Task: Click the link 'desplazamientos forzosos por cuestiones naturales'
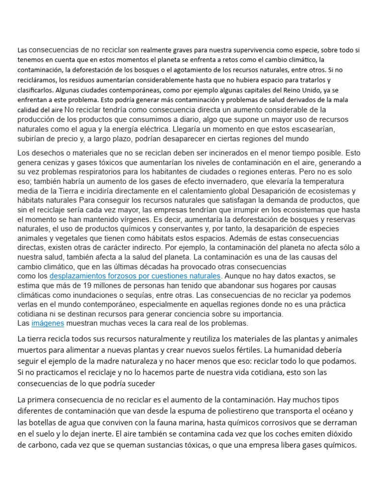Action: tap(135, 276)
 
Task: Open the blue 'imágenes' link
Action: tap(48, 323)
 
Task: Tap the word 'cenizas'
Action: tap(60, 163)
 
